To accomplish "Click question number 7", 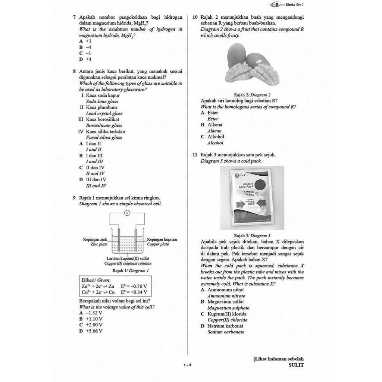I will click(x=75, y=17).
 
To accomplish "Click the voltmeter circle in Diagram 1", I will click(x=127, y=213).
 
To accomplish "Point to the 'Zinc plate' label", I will click(x=99, y=244).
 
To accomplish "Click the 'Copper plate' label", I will click(x=158, y=244).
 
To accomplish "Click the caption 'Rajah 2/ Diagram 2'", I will click(x=252, y=95).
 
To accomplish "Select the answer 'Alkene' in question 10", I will click(x=215, y=131).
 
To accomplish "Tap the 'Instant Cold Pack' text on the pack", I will click(x=248, y=185).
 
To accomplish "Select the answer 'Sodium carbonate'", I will click(x=226, y=332).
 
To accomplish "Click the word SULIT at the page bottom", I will click(x=296, y=365).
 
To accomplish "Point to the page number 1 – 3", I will click(x=187, y=365).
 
